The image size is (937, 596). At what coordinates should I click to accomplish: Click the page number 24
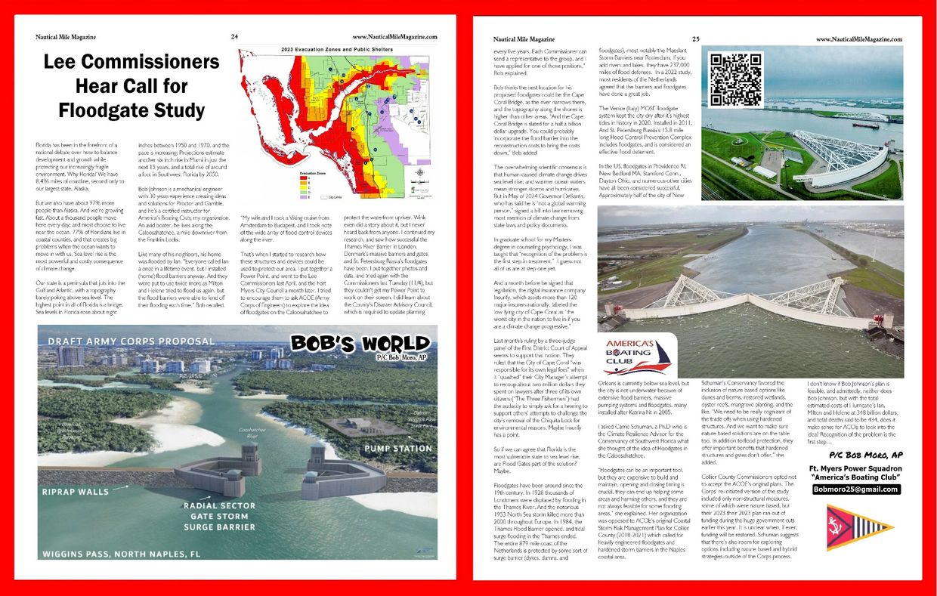coord(235,36)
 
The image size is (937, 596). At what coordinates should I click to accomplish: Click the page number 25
coord(695,39)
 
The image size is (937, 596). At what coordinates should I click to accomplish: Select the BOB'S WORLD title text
coord(352,344)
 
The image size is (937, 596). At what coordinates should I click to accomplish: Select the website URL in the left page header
coord(394,36)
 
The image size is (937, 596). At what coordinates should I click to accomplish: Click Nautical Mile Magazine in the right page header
coord(524,39)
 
